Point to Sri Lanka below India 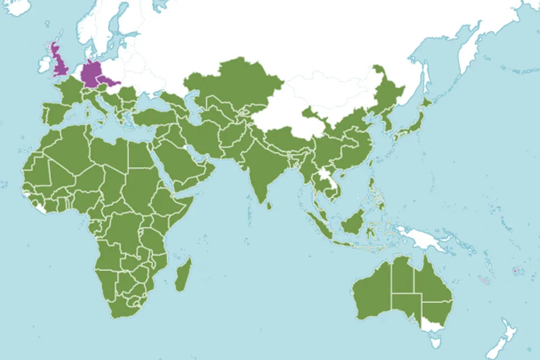tap(268, 205)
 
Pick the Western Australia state tap(371, 292)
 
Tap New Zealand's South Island tap(503, 340)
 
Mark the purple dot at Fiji tap(514, 271)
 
